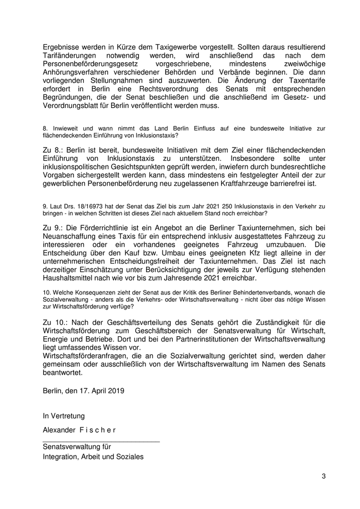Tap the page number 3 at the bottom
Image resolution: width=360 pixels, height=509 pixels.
(324, 476)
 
